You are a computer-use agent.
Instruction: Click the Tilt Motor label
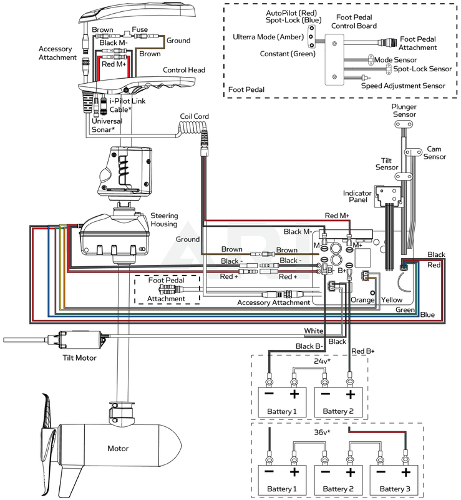79,357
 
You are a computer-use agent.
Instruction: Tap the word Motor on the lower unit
118,448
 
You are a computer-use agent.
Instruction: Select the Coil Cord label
194,116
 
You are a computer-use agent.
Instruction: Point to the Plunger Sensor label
404,111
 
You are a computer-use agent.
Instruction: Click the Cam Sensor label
435,152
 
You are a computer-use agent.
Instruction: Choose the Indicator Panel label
357,196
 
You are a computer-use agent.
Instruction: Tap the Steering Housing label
163,220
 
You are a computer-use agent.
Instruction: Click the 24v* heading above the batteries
322,361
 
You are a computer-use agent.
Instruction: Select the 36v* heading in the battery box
322,432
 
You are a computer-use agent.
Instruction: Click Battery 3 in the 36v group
395,489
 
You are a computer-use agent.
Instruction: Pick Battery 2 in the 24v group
338,411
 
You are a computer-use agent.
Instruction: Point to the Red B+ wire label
363,351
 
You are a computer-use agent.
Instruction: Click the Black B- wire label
309,346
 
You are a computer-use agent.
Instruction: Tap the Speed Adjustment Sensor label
403,86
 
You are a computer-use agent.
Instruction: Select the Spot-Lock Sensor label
422,69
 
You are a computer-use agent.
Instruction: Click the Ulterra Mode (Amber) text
268,37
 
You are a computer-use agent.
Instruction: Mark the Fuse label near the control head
140,29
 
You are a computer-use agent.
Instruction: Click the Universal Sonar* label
103,126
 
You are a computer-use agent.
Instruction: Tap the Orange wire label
362,300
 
